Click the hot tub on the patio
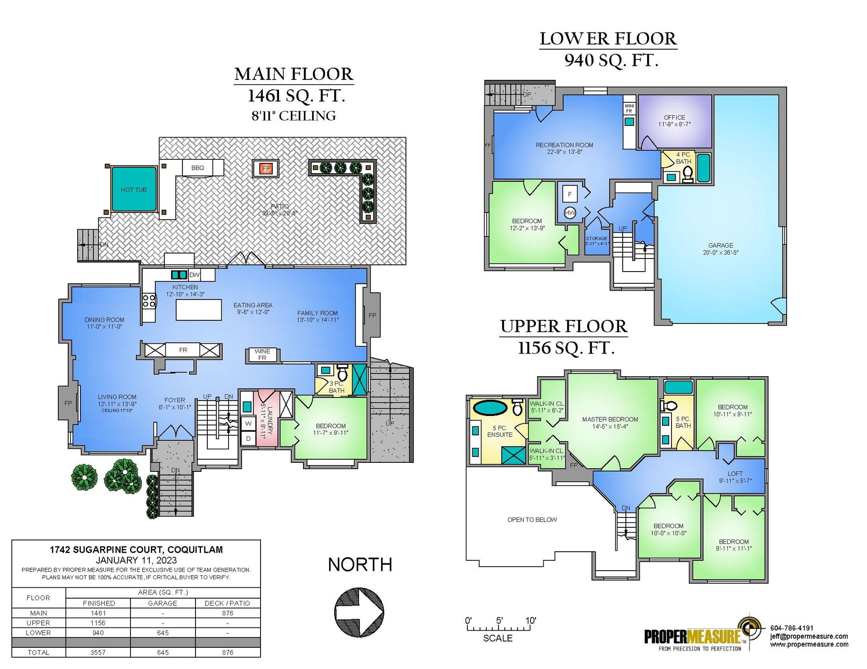(134, 189)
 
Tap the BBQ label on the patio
(198, 168)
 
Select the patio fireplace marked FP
(266, 169)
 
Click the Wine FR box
(262, 355)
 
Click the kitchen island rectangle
(199, 310)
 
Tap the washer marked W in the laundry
(248, 424)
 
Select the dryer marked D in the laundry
(248, 438)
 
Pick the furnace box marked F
(570, 194)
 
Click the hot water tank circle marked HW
(570, 213)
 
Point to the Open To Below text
(532, 520)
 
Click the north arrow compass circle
(359, 612)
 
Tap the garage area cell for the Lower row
(163, 633)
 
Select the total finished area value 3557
(98, 652)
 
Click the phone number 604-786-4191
(792, 628)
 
